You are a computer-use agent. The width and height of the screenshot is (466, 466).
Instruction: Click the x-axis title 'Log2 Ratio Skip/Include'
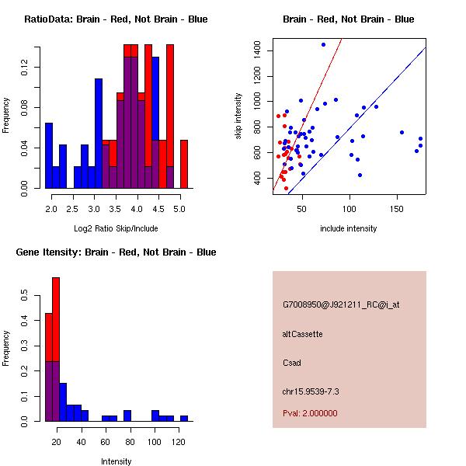click(x=116, y=228)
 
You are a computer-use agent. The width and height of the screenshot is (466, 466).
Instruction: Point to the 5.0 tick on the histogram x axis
click(x=179, y=208)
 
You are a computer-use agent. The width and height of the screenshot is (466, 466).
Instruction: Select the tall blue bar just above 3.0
click(x=99, y=132)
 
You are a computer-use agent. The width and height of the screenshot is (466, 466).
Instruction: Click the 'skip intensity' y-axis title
click(x=238, y=116)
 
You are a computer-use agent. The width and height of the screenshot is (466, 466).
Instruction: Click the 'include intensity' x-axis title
click(x=349, y=228)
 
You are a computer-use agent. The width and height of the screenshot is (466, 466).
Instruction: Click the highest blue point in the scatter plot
click(x=323, y=44)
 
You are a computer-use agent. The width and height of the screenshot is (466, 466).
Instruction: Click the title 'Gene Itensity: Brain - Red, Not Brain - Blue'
click(x=116, y=252)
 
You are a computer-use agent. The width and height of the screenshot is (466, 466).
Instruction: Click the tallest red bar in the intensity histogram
click(x=56, y=311)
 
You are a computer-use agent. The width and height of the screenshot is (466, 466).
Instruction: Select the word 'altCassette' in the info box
click(x=303, y=334)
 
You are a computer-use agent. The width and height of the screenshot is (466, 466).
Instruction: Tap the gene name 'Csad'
click(x=291, y=363)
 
